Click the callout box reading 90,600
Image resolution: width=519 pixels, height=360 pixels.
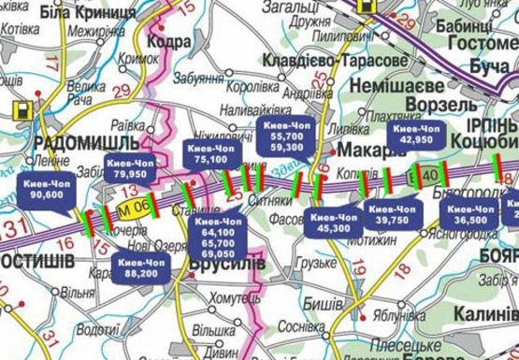point(45,188)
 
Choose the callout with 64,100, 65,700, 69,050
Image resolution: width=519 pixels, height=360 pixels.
point(217,239)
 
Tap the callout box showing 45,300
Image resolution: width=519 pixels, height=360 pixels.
point(334,223)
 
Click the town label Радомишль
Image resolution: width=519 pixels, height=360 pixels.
point(73,142)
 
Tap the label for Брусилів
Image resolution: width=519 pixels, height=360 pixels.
point(224,265)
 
